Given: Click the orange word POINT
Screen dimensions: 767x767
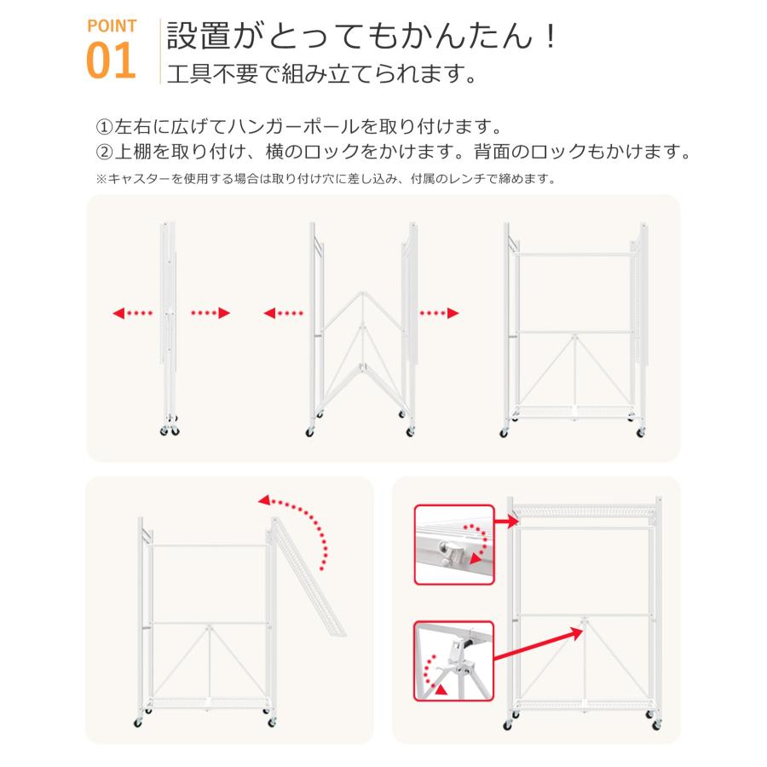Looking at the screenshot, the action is click(x=112, y=26).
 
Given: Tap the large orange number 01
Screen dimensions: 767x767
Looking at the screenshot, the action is click(x=111, y=61).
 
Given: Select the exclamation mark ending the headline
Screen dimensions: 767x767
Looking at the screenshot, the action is click(x=551, y=36).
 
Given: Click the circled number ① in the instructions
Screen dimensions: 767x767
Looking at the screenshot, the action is click(x=104, y=127).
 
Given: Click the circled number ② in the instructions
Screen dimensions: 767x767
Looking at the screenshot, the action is click(x=104, y=153).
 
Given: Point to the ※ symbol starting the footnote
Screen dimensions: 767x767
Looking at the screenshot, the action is click(x=101, y=179).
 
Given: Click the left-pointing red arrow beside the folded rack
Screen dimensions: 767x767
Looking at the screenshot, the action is click(x=133, y=313).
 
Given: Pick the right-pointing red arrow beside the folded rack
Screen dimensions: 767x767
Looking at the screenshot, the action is click(x=210, y=313).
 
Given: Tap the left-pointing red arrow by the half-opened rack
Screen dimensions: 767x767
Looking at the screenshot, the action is click(x=283, y=313).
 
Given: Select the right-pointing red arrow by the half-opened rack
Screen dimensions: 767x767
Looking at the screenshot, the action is click(x=439, y=313).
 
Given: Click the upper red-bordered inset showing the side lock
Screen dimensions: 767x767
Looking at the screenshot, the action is click(x=454, y=545).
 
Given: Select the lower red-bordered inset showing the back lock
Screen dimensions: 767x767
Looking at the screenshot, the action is click(x=454, y=660).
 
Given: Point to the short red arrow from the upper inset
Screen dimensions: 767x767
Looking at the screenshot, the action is click(x=507, y=522).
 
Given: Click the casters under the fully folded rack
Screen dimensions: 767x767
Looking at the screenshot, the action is click(x=170, y=427).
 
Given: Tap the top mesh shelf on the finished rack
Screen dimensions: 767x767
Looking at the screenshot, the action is click(x=585, y=511).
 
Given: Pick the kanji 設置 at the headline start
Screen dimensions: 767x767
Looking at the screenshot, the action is click(x=198, y=36).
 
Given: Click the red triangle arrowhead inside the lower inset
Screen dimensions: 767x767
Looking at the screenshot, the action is click(x=441, y=689).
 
